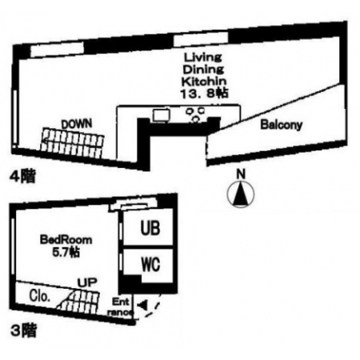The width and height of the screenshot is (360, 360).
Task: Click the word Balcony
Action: coord(282,125)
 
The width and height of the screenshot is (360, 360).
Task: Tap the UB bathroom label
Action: coord(150,228)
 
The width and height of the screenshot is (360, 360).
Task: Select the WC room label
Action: coord(150,264)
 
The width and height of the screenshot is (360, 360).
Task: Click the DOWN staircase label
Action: coord(77,124)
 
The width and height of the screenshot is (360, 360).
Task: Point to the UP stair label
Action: coord(87,282)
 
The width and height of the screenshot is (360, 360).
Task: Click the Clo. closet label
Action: coord(40,296)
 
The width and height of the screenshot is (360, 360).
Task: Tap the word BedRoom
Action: coord(66,240)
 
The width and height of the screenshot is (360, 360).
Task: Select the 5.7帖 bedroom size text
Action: coord(66,252)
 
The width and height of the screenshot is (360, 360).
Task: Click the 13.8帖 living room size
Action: coord(204,94)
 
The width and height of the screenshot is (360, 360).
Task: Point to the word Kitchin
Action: coord(204,81)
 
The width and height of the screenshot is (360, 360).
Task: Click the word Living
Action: coord(203,57)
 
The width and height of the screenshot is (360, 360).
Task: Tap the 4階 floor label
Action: coord(22,176)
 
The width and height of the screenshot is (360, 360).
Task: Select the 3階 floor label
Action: coord(23,331)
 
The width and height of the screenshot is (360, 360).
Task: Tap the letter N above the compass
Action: coord(241,174)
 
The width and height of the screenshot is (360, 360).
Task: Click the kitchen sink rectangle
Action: coord(162,115)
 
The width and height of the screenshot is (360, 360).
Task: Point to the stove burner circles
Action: coord(195,114)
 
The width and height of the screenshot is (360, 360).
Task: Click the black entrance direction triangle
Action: coord(143,305)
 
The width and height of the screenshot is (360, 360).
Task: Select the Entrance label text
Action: coord(120,307)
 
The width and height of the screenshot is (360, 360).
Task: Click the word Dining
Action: coord(203,70)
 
